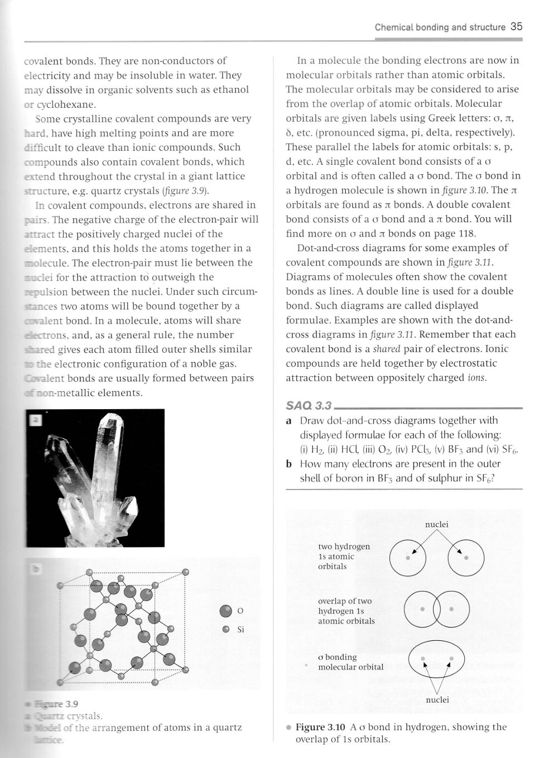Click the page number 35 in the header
(x=516, y=26)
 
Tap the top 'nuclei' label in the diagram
(x=436, y=525)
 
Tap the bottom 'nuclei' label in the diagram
(x=437, y=700)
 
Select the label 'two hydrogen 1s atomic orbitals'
(x=344, y=556)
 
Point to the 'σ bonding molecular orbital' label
(x=350, y=663)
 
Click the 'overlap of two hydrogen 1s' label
(x=346, y=611)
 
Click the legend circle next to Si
(x=226, y=629)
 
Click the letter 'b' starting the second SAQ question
(x=290, y=464)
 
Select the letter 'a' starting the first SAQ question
(x=289, y=420)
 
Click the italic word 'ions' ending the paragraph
(x=475, y=378)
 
